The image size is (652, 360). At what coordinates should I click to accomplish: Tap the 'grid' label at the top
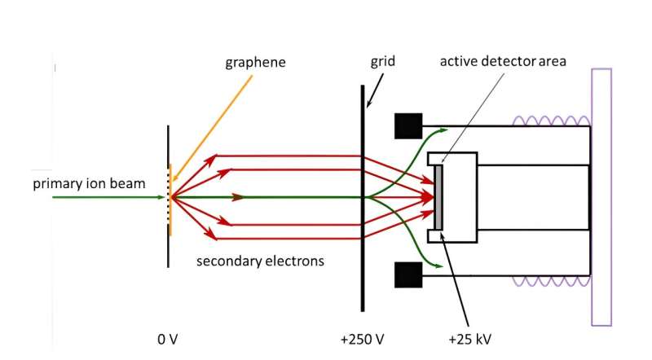383,62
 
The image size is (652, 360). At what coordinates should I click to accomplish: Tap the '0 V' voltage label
168,338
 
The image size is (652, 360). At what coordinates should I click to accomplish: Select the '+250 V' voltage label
362,338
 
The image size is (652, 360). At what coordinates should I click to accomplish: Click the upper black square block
407,125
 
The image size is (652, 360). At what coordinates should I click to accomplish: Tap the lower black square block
407,274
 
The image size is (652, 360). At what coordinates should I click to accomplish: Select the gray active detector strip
439,197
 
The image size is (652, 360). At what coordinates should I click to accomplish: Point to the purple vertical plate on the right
601,196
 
